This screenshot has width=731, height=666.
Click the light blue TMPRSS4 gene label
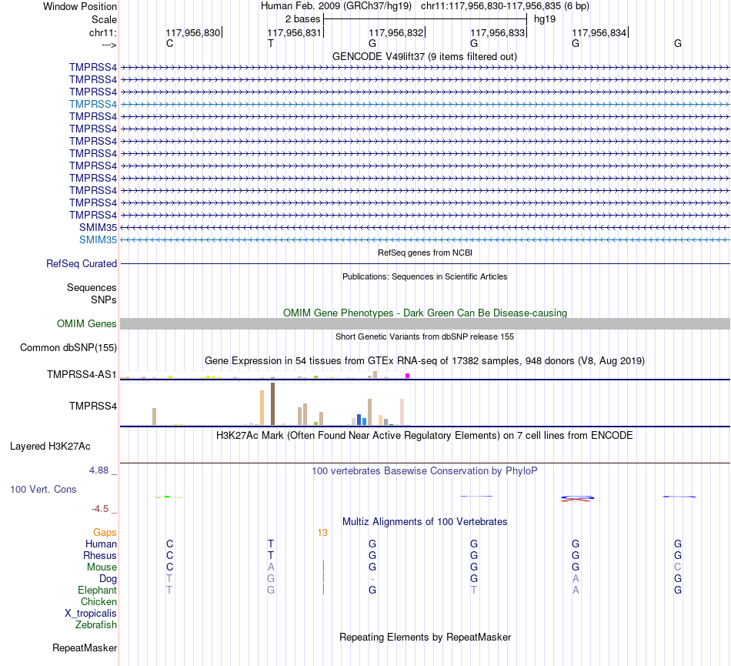pyautogui.click(x=93, y=104)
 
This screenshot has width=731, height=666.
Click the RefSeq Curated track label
pyautogui.click(x=82, y=263)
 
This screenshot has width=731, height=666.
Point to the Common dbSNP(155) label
pyautogui.click(x=68, y=347)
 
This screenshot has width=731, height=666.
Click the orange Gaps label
pyautogui.click(x=105, y=532)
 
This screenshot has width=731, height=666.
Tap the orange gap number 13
pyautogui.click(x=322, y=532)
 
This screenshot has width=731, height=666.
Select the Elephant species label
pyautogui.click(x=97, y=590)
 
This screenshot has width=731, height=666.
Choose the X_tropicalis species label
pyautogui.click(x=91, y=613)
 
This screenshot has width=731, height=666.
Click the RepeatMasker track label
pyautogui.click(x=85, y=648)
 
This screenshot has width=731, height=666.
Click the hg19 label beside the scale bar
pyautogui.click(x=545, y=18)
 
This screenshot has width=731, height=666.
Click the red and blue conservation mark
pyautogui.click(x=576, y=498)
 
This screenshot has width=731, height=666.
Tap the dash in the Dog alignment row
pyautogui.click(x=372, y=578)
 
